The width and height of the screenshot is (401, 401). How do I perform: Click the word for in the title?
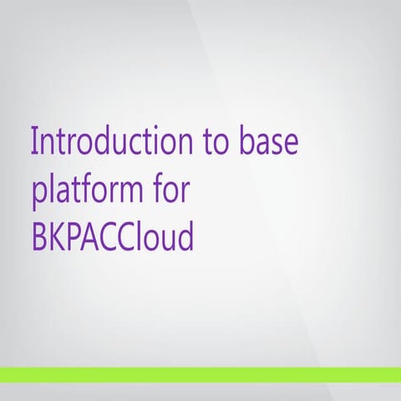point(172,189)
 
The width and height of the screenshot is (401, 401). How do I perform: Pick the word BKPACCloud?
point(113,237)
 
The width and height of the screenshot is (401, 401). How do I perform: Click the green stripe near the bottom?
point(200,374)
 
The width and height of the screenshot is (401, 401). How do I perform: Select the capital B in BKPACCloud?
point(39,237)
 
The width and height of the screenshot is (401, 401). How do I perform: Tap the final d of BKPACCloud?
point(185,237)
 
